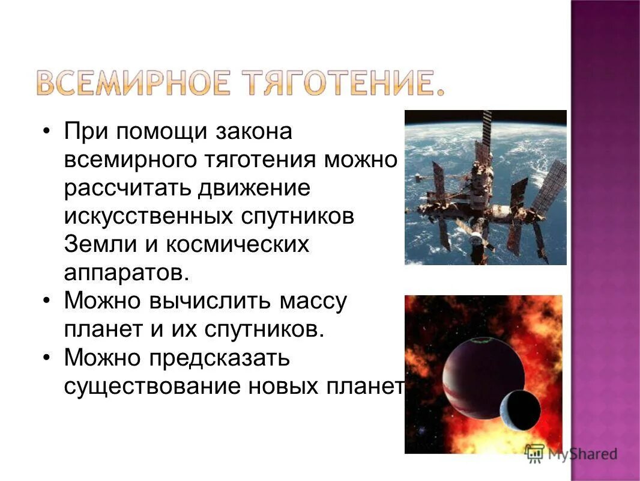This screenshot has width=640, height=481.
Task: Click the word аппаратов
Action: pyautogui.click(x=126, y=274)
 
